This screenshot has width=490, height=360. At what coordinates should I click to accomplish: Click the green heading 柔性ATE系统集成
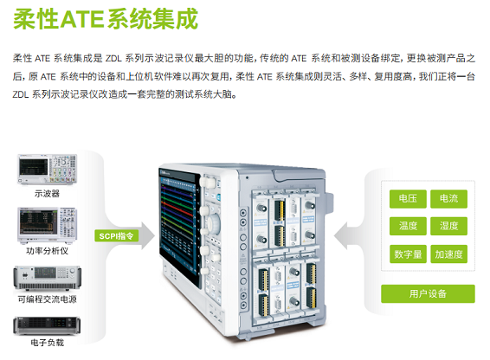pyautogui.click(x=106, y=19)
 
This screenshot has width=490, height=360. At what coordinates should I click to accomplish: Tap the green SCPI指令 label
pyautogui.click(x=116, y=236)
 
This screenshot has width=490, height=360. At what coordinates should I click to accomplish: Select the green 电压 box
pyautogui.click(x=408, y=199)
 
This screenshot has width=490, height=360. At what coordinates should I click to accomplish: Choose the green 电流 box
pyautogui.click(x=448, y=199)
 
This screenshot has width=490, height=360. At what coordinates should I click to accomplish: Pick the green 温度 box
pyautogui.click(x=408, y=226)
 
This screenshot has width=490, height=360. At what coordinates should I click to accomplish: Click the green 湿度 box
pyautogui.click(x=448, y=226)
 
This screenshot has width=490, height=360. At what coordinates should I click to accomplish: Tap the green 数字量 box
pyautogui.click(x=408, y=254)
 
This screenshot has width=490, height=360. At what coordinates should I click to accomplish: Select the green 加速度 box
pyautogui.click(x=448, y=254)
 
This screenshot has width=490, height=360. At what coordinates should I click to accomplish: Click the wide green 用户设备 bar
pyautogui.click(x=428, y=293)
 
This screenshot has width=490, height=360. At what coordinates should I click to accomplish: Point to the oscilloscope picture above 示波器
pyautogui.click(x=48, y=170)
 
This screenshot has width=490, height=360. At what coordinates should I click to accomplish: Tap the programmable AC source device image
pyautogui.click(x=48, y=278)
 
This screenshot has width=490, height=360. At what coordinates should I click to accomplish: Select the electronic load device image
pyautogui.click(x=47, y=325)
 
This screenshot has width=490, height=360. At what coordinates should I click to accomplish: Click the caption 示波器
pyautogui.click(x=47, y=194)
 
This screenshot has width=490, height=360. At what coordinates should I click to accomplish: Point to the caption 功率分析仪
pyautogui.click(x=48, y=251)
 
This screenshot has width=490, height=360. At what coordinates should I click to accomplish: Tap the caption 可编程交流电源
pyautogui.click(x=48, y=299)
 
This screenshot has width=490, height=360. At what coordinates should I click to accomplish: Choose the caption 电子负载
pyautogui.click(x=48, y=343)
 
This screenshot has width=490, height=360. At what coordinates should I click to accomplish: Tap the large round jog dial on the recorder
pyautogui.click(x=215, y=224)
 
